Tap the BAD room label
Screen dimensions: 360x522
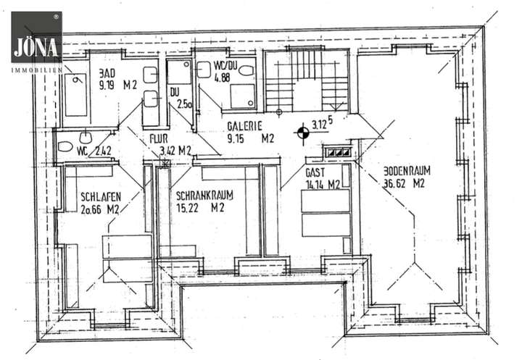pos(108,73)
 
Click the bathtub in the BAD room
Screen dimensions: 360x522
pos(75,96)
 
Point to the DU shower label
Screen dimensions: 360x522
pos(175,92)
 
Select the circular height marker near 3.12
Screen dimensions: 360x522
pos(302,133)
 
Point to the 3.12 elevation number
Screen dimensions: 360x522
pos(320,124)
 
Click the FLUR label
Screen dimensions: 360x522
pos(159,138)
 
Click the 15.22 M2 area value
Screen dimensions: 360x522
pos(199,207)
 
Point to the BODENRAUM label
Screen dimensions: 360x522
pos(407,172)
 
